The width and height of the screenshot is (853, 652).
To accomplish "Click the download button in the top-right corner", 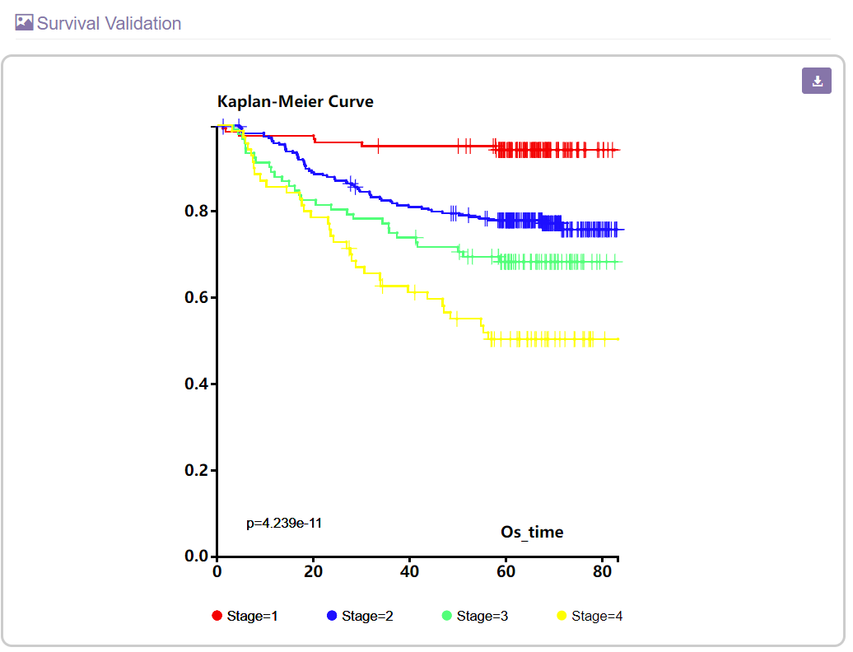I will pos(817,81).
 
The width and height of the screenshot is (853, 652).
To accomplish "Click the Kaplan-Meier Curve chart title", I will pos(295,102).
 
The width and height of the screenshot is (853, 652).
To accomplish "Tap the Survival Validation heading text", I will pos(109,23).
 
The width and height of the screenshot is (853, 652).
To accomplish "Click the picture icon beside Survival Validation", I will pos(25,23).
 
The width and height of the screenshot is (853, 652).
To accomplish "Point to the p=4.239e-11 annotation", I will pos(283,523).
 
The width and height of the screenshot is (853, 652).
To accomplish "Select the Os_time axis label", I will pos(532,532).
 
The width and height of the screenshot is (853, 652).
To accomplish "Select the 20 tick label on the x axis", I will pos(313,571).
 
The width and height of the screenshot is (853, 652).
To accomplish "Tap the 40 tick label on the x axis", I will pos(409,571).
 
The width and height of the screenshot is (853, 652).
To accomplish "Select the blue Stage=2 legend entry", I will pos(360,616).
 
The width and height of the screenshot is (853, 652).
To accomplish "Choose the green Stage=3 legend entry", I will pos(475,616).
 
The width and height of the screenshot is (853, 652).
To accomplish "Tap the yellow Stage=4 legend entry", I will pos(590,616).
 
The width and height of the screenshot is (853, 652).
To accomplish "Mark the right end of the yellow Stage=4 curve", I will pos(618,339).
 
